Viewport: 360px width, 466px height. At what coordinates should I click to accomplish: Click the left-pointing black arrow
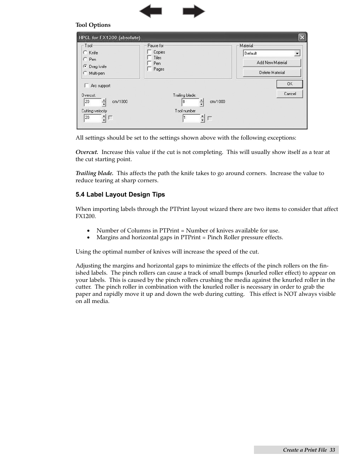(150, 11)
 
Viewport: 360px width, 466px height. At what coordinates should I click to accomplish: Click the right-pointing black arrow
(194, 11)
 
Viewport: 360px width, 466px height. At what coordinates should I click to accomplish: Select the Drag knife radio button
(85, 66)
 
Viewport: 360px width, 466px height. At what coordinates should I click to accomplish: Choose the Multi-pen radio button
(85, 73)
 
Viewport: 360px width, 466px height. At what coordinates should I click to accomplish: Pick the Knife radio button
(85, 52)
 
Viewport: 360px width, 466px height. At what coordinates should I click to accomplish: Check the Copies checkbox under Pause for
(149, 52)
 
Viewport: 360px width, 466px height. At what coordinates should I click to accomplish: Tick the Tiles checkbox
(149, 57)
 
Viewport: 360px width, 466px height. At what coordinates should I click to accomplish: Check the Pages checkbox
(149, 69)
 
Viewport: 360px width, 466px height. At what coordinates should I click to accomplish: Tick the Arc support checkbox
(87, 86)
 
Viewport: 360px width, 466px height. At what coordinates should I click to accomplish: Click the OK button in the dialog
(289, 84)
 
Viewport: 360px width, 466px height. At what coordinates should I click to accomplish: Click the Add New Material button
(272, 63)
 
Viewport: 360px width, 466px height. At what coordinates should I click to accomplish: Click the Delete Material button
(272, 72)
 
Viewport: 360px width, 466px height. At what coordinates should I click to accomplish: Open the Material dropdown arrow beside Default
(297, 53)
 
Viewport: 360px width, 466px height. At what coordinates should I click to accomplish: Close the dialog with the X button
(302, 37)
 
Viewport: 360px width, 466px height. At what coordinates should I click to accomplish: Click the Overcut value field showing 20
(92, 102)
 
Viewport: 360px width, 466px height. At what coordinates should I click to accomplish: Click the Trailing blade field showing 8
(190, 102)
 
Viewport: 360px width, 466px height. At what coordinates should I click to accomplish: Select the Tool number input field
(191, 118)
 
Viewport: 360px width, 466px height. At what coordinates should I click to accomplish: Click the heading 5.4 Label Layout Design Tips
(120, 195)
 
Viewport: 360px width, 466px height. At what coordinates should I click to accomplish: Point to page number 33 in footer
(332, 450)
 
